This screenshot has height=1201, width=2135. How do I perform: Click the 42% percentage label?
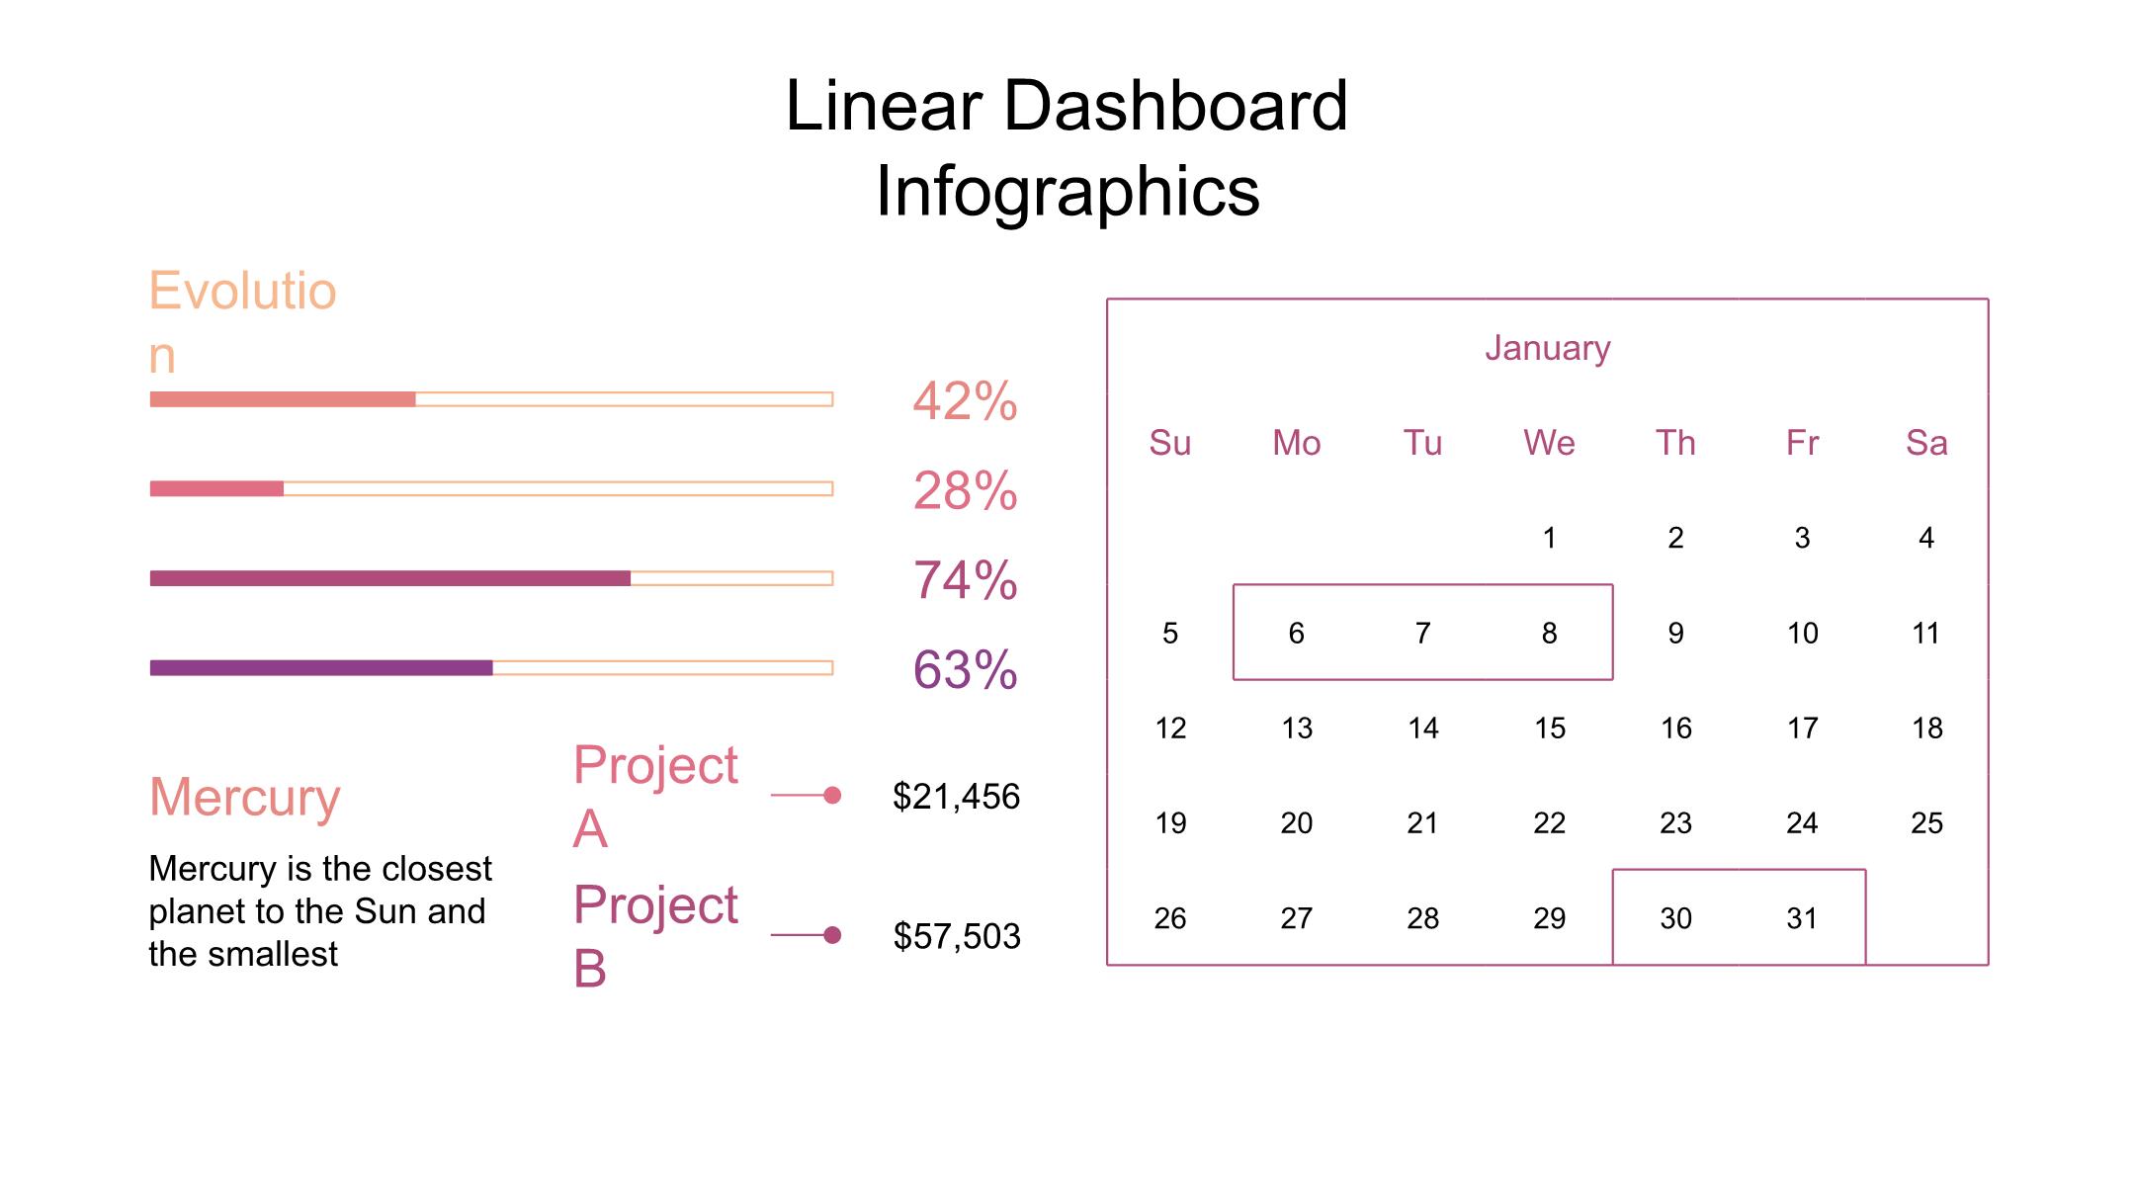[x=964, y=401]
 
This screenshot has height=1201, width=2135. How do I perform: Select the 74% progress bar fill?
[x=389, y=578]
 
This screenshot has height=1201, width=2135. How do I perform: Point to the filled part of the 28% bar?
[x=216, y=488]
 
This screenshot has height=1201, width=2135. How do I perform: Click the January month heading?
[x=1547, y=348]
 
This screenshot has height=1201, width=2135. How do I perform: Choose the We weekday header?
[x=1549, y=443]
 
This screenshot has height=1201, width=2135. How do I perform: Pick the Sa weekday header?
[x=1926, y=443]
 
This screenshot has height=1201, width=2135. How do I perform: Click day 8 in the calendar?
[x=1549, y=633]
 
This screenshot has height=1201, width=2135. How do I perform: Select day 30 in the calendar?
[x=1675, y=918]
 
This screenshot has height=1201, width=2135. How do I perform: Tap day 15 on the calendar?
[x=1549, y=729]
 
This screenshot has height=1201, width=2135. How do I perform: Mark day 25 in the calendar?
[x=1926, y=823]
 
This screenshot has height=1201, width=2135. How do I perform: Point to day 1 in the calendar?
[x=1549, y=538]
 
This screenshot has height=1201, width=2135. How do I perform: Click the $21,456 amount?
[x=956, y=797]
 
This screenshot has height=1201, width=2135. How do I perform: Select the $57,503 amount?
[x=956, y=936]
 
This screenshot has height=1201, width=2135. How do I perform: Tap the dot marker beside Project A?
[x=832, y=795]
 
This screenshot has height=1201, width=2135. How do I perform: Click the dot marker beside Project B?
[x=832, y=935]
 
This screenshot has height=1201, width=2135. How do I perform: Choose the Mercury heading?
[x=244, y=797]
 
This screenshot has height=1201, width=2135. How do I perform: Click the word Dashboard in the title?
[x=1175, y=106]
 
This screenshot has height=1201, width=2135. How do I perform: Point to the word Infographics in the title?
[x=1067, y=191]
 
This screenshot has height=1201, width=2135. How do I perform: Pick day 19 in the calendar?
[x=1170, y=823]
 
